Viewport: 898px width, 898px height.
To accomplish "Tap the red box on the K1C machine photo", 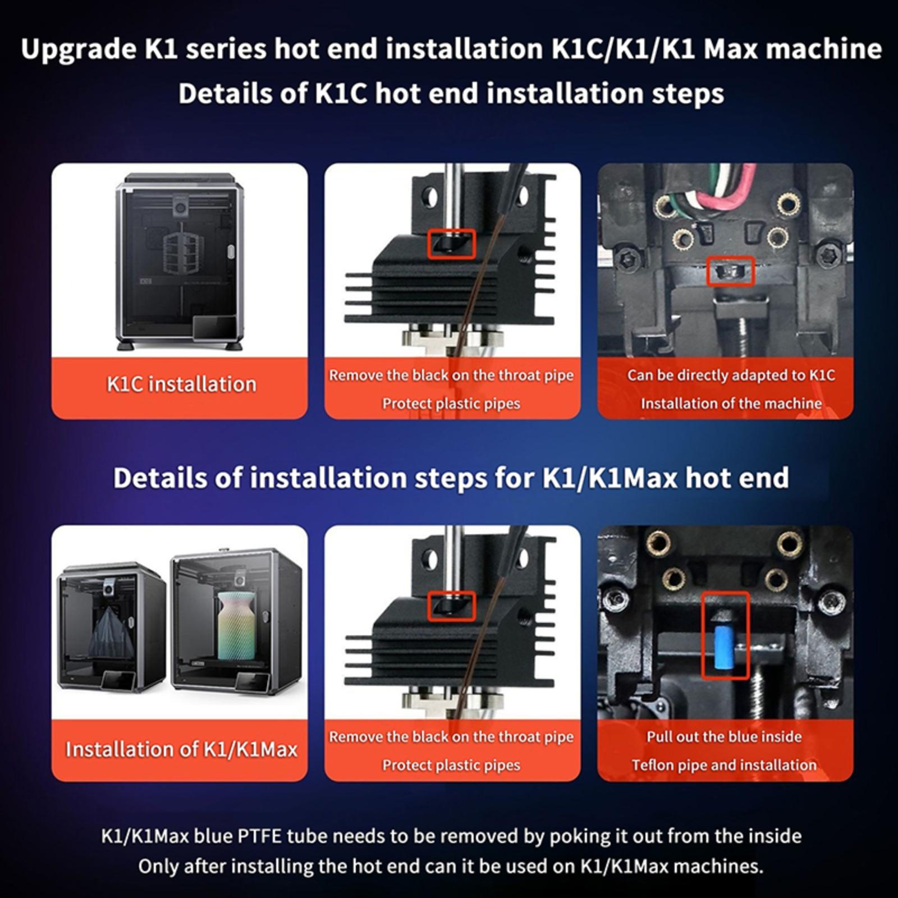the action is pos(730,271).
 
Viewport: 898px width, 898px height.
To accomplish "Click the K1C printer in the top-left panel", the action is pos(180,261).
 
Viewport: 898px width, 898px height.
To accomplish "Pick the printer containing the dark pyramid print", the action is pos(112,629).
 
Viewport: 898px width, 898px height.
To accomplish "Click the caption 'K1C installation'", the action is pos(181,384).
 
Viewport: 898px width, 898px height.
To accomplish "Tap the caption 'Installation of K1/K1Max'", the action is pos(181,749).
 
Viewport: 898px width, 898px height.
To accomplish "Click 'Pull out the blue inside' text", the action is pos(724,736).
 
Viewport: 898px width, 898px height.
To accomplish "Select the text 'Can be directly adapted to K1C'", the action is pos(731,375).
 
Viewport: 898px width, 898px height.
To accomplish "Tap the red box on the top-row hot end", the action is pos(452,244).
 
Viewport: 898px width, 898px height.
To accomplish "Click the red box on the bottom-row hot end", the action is pos(452,606).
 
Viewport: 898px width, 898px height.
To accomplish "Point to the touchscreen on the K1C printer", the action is pos(215,326).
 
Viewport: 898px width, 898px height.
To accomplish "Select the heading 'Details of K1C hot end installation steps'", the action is pos(451,93).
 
